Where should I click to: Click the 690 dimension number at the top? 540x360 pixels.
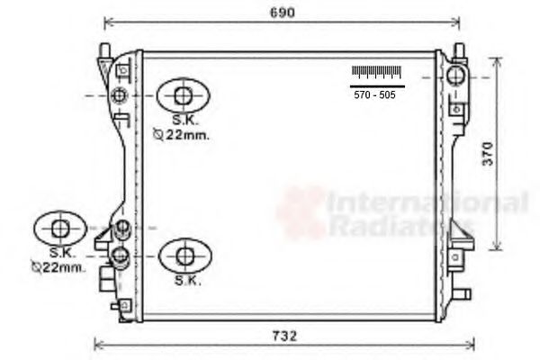pos(284,12)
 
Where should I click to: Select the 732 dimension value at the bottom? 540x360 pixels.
pos(284,336)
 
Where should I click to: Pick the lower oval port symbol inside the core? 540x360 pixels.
pos(184,255)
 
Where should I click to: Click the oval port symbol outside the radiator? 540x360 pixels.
pos(60,228)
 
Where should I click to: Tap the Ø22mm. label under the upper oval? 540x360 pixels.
pos(181,136)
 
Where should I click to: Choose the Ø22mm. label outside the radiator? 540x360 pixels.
pos(58,267)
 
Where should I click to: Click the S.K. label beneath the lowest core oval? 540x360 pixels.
pos(186,281)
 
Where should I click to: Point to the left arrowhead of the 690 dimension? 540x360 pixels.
pos(108,22)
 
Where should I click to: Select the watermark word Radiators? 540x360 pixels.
pos(400,226)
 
